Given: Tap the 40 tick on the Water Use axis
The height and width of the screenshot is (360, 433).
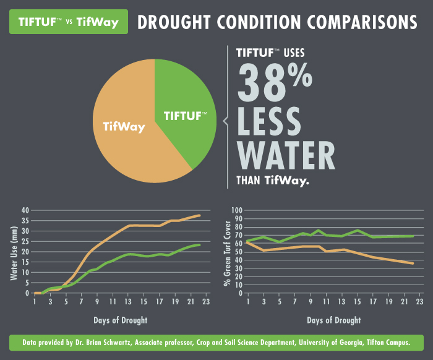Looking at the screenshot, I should point(25,210).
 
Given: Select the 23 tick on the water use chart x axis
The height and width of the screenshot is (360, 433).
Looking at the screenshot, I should point(207,302).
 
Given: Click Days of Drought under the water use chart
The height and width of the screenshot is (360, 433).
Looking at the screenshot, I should point(121,320).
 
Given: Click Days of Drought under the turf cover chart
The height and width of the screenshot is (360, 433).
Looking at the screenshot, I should point(334,320).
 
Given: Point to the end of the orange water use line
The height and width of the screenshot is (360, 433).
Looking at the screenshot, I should point(200,215).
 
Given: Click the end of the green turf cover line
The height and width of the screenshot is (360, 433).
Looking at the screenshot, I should point(413,236).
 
